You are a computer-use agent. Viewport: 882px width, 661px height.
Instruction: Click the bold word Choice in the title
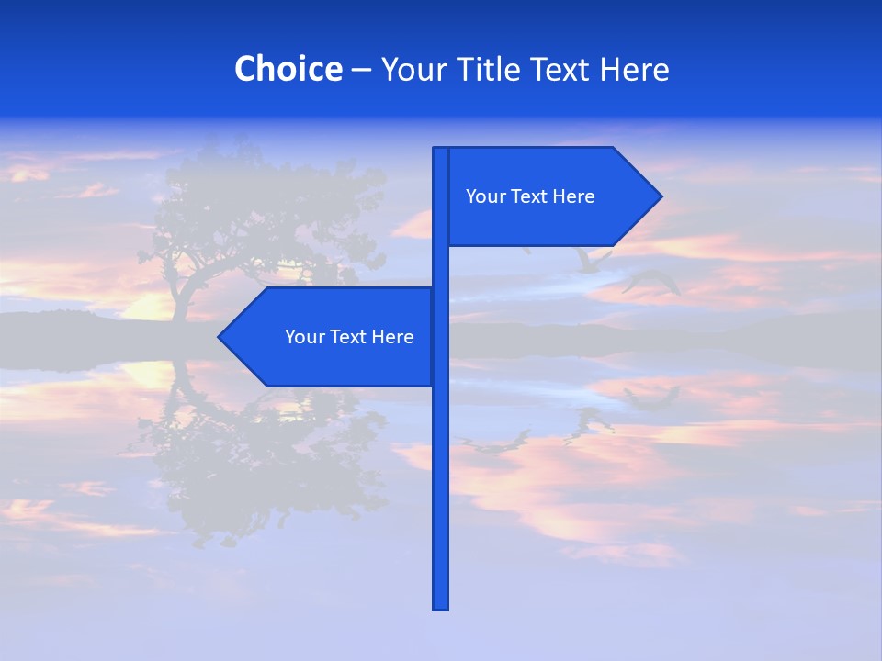pyautogui.click(x=288, y=69)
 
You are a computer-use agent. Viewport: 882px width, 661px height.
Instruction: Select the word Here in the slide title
pyautogui.click(x=634, y=69)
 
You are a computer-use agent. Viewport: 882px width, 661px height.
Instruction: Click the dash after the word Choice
pyautogui.click(x=361, y=70)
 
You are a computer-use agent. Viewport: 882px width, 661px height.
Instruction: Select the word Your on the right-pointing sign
pyautogui.click(x=484, y=196)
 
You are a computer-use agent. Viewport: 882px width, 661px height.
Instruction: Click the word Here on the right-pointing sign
pyautogui.click(x=573, y=196)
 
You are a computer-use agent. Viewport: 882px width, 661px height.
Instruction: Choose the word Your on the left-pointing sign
pyautogui.click(x=303, y=337)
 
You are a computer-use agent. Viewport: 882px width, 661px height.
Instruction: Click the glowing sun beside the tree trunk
pyautogui.click(x=152, y=306)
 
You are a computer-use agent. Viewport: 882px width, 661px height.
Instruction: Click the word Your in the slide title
pyautogui.click(x=413, y=69)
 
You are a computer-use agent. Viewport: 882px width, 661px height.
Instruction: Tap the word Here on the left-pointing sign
pyautogui.click(x=392, y=337)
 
